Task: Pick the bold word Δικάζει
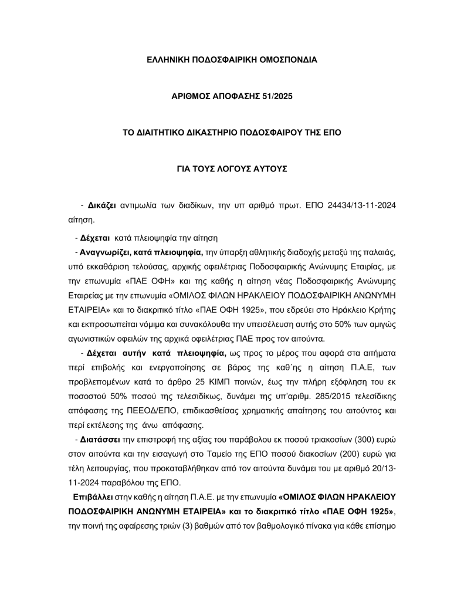102,206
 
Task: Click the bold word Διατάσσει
100,440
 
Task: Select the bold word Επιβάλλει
92,496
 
